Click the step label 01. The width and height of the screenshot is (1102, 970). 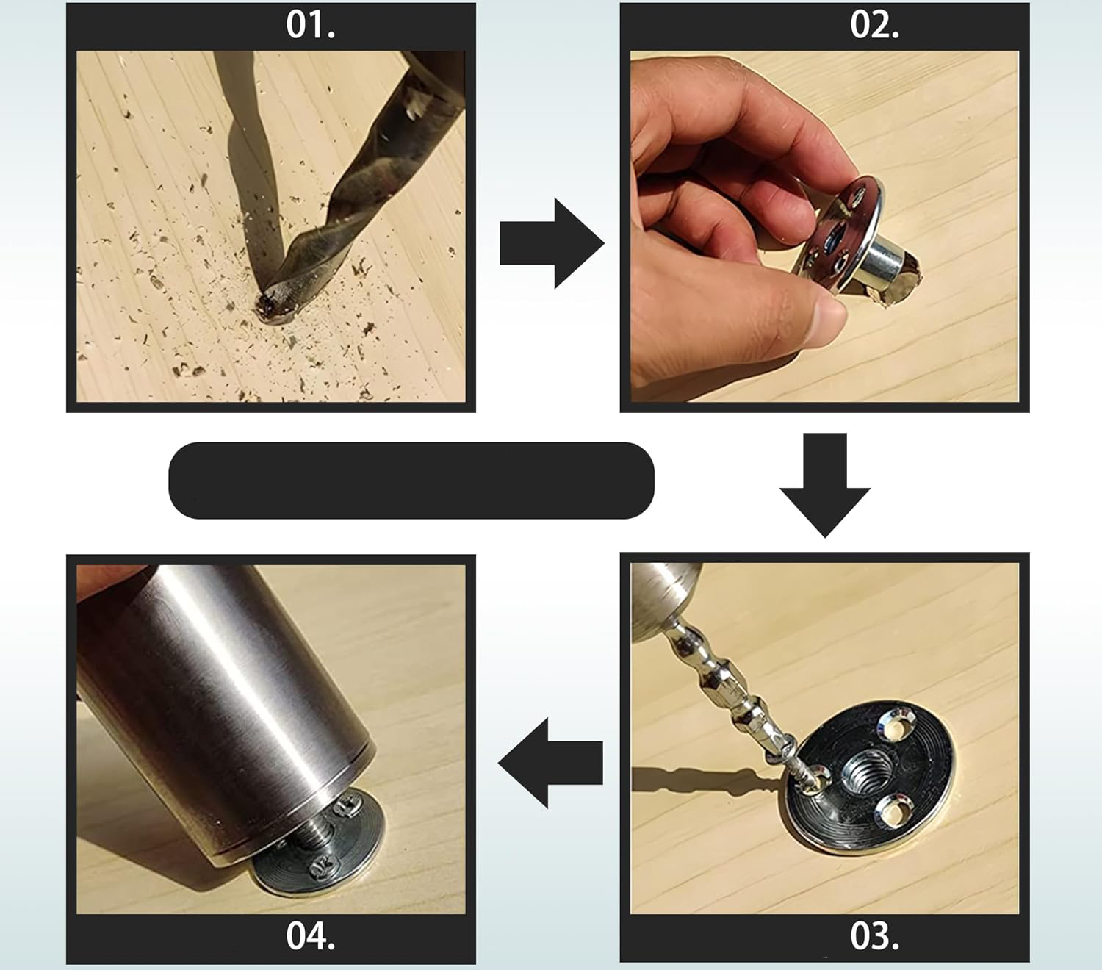tap(311, 26)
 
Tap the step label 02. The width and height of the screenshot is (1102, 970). tap(875, 26)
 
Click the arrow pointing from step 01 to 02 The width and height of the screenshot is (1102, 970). tap(552, 243)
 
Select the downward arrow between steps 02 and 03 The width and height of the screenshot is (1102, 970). tap(825, 485)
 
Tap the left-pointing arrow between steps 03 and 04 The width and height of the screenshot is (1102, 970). tap(550, 763)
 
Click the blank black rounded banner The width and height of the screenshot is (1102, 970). tap(411, 481)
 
